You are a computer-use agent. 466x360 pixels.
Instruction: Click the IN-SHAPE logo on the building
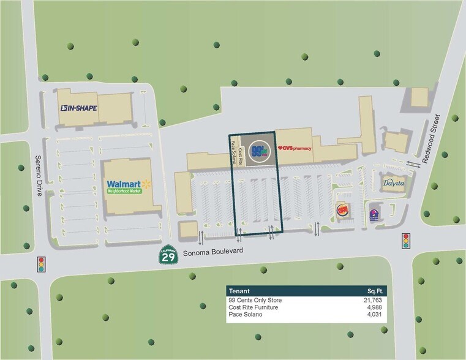point(78,108)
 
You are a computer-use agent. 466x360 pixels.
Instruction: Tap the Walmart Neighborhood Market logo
point(129,186)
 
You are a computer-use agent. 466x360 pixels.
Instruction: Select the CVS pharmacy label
point(295,148)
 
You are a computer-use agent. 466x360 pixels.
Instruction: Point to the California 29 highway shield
point(168,255)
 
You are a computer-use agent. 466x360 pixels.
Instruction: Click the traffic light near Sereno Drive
point(42,264)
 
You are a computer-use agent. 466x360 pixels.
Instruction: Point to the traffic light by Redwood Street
point(405,241)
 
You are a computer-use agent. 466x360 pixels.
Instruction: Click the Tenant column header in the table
point(239,291)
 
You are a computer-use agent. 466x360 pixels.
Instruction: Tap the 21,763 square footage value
point(372,300)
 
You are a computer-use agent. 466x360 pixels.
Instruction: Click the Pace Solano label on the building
point(233,152)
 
